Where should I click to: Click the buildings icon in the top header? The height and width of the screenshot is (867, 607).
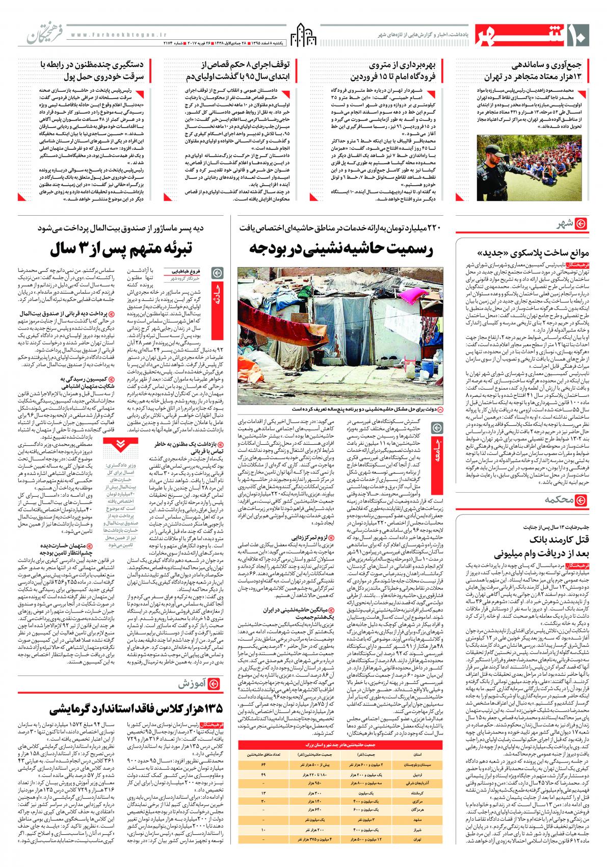point(303,34)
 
